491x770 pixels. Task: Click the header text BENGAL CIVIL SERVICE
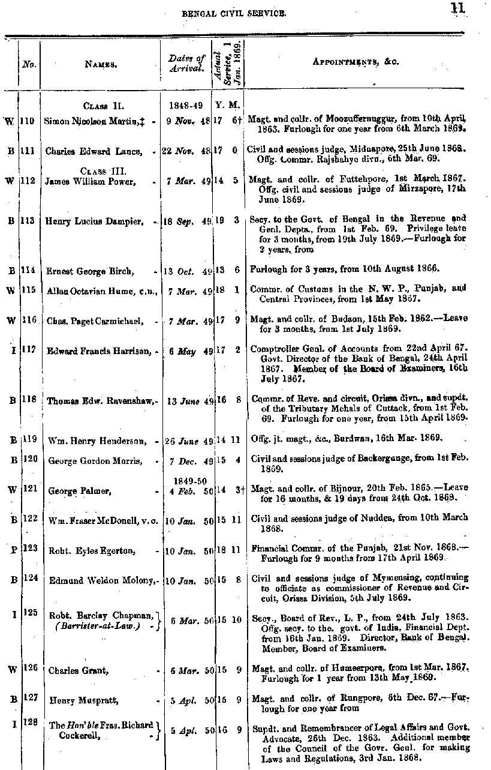coord(234,12)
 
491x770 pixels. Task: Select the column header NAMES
coord(100,62)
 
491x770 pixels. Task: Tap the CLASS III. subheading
coord(101,172)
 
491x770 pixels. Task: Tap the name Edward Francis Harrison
coord(99,351)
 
